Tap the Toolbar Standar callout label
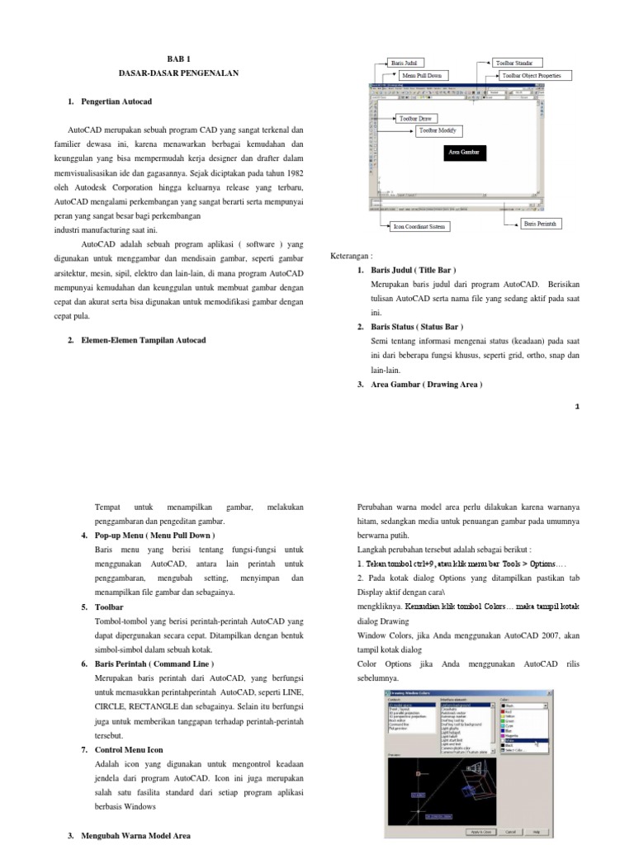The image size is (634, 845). (514, 63)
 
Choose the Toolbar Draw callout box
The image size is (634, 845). (416, 119)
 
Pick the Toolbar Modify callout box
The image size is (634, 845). (438, 130)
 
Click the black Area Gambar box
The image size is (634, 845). (463, 153)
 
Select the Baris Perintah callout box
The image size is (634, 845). (542, 223)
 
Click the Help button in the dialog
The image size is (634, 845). (536, 831)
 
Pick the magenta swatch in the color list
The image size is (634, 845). (505, 735)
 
